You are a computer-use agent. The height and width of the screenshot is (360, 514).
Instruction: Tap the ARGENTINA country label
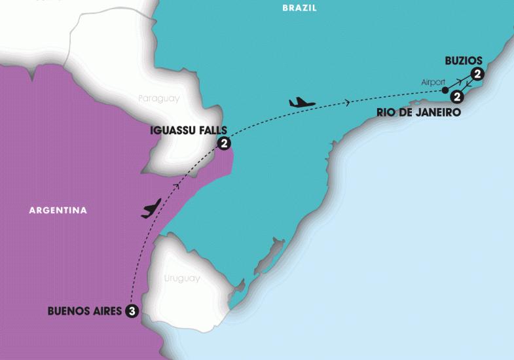click(x=58, y=211)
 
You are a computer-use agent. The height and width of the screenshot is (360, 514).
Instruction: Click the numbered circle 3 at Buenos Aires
click(x=133, y=312)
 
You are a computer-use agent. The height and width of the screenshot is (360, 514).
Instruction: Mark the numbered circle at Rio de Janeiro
click(x=458, y=98)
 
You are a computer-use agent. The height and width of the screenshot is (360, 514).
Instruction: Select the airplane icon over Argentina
click(x=151, y=209)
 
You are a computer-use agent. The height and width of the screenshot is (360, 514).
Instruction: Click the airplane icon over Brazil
click(x=302, y=102)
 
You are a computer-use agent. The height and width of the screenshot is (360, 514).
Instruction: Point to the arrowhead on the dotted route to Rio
click(x=348, y=101)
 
